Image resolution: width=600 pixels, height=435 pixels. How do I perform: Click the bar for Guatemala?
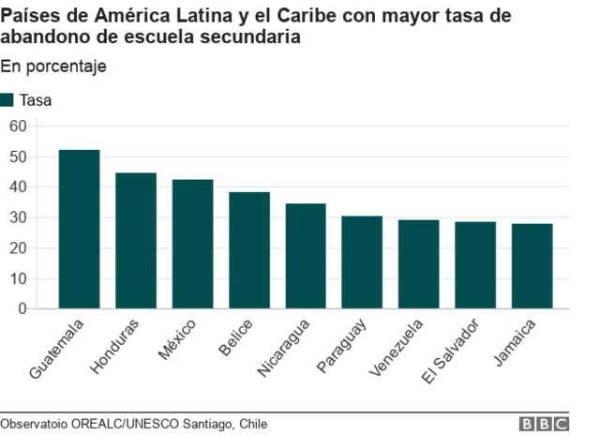tap(79, 230)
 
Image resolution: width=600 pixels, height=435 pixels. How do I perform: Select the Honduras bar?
tap(136, 241)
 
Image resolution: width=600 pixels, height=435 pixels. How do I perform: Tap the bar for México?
tap(192, 244)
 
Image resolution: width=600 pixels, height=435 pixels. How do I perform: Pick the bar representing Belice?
tap(248, 250)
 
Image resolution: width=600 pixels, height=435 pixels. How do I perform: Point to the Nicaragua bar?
tap(306, 256)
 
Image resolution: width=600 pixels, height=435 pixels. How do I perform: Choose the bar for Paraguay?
tap(362, 262)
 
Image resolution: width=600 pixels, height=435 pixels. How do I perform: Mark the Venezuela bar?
tap(418, 264)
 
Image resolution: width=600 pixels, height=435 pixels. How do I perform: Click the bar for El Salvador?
tap(475, 265)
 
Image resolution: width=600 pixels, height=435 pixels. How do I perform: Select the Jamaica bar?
tap(532, 266)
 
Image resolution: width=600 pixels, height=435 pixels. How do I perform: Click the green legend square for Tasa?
tap(7, 100)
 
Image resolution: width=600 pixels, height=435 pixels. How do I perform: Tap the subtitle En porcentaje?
tap(53, 67)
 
